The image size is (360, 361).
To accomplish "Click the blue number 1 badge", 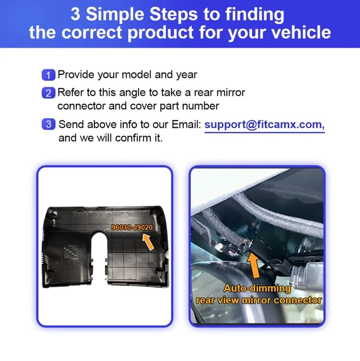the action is pos(48,75).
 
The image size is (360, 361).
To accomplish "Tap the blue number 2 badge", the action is pos(48,93).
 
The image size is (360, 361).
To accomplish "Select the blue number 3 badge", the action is pos(48,124).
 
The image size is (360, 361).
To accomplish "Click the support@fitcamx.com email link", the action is pos(264,124).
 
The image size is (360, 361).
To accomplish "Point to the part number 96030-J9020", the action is pos(132,227).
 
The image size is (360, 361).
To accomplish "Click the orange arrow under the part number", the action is pos(148,242).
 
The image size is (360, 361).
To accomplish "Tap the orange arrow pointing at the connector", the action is pos(254,265).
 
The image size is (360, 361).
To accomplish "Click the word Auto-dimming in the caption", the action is pos(257,288).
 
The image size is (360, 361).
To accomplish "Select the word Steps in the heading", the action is pos(173,15).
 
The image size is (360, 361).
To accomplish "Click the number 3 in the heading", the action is pos(75,15).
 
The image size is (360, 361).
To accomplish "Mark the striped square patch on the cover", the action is pos(70,252).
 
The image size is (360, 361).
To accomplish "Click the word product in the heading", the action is pos(160,32).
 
